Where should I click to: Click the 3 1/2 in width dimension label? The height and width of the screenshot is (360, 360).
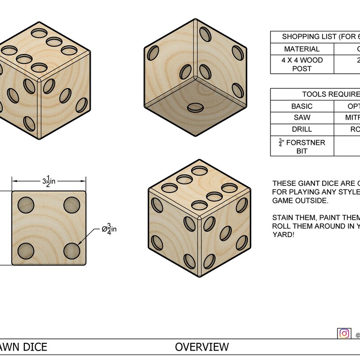49,181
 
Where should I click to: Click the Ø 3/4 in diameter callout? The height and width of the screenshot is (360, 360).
109,229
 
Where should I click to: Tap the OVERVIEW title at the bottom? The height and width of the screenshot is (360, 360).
202,347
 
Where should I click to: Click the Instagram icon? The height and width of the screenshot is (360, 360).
344,333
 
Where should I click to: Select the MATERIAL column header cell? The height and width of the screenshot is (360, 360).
302,49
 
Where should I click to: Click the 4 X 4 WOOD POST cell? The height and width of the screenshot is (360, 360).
302,64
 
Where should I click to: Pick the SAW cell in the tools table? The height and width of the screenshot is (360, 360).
302,118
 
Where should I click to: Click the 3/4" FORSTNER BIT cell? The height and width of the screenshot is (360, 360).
302,146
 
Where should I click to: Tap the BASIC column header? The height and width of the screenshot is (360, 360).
302,106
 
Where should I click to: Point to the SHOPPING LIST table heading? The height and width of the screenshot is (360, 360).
315,37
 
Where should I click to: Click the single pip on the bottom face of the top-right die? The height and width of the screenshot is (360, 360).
195,107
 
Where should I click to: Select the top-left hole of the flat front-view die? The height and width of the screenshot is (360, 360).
26,205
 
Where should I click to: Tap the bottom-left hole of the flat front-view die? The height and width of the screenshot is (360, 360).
26,251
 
